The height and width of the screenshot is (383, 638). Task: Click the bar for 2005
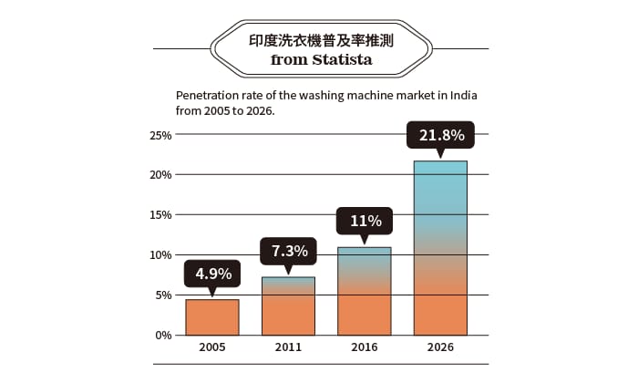click(212, 316)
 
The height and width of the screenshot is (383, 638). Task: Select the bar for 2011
click(288, 305)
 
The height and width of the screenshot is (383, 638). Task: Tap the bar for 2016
click(365, 291)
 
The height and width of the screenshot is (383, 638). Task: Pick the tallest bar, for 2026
click(440, 248)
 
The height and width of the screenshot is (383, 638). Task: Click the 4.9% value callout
click(213, 273)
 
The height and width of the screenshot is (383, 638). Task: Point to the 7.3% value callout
click(289, 250)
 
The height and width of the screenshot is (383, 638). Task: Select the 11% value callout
click(365, 221)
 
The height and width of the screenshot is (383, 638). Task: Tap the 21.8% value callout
click(441, 136)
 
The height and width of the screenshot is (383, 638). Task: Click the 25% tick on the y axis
click(160, 135)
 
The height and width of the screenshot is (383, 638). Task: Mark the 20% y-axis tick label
click(160, 175)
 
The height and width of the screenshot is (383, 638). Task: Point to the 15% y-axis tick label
click(160, 215)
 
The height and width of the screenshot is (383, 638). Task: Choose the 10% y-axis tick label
click(160, 255)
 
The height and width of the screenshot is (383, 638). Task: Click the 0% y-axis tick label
click(163, 335)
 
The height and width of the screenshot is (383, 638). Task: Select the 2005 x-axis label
click(212, 347)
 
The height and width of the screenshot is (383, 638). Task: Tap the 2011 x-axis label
click(288, 347)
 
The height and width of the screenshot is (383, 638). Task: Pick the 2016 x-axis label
click(365, 347)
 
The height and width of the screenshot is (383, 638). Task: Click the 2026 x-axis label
click(440, 347)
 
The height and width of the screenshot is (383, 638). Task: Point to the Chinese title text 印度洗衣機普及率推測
click(319, 41)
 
